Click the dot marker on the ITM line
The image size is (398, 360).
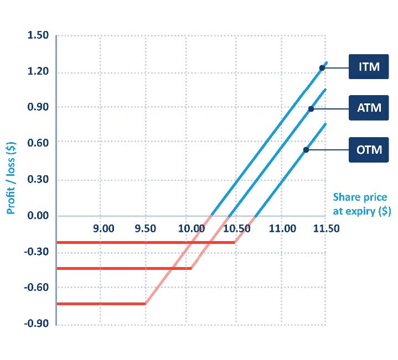322,68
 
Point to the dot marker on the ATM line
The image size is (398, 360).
311,109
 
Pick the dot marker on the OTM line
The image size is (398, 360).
306,150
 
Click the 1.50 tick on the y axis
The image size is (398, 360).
38,36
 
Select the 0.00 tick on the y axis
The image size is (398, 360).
38,216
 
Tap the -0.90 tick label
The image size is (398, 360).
37,324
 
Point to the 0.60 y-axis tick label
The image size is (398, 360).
38,144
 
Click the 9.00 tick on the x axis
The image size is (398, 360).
104,228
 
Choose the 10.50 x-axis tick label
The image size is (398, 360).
236,228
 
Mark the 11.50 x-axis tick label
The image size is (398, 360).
326,228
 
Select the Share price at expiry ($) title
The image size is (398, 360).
360,205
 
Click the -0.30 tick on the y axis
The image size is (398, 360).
37,252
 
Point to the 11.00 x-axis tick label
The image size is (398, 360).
282,228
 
